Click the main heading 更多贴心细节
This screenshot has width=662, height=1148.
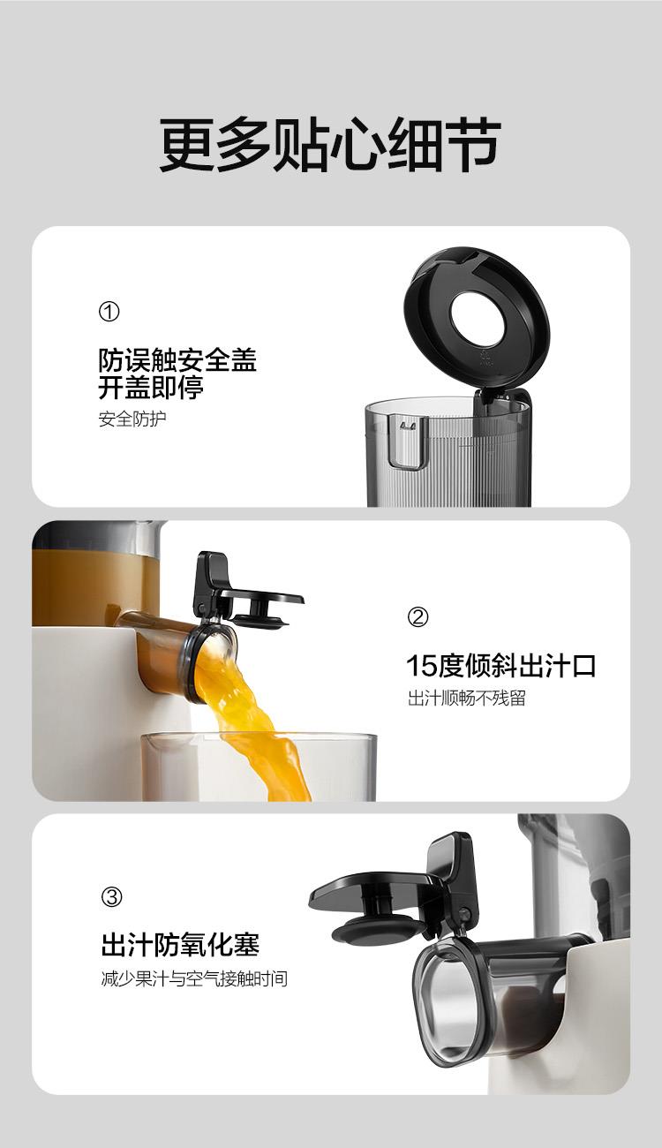[x=330, y=145]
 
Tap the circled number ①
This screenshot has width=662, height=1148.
[x=109, y=311]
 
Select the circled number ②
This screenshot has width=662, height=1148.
[x=418, y=617]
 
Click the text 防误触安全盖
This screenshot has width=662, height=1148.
[x=177, y=360]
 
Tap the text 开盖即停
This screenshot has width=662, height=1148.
[x=151, y=388]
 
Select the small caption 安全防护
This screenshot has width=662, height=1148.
[x=132, y=419]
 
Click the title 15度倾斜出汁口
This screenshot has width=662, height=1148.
[x=501, y=666]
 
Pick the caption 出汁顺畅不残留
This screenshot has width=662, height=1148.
[x=466, y=698]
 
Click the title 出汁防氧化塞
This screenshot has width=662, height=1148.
[x=180, y=945]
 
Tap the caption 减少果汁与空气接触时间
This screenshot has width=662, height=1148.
[x=194, y=978]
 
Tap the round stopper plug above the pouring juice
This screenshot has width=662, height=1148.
[x=261, y=619]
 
